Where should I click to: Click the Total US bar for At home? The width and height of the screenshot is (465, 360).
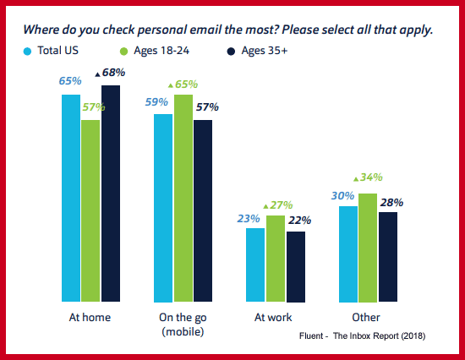[x=71, y=198]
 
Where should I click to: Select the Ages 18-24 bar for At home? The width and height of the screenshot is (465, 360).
[x=90, y=210]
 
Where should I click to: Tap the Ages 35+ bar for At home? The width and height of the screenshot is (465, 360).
[x=111, y=194]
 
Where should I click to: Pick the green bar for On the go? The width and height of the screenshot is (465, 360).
[x=183, y=198]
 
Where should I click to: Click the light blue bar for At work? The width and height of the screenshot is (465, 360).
[x=255, y=265]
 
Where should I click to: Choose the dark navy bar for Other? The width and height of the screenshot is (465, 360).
[x=387, y=257]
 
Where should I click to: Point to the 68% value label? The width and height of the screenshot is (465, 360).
[x=113, y=74]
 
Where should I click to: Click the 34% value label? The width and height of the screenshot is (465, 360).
[x=371, y=177]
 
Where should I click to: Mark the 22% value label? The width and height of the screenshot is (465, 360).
[x=298, y=220]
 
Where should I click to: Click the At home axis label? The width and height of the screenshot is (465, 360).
[x=90, y=318]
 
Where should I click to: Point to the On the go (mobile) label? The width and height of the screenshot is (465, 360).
[x=183, y=325]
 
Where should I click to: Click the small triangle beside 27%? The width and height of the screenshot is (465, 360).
[x=266, y=205]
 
